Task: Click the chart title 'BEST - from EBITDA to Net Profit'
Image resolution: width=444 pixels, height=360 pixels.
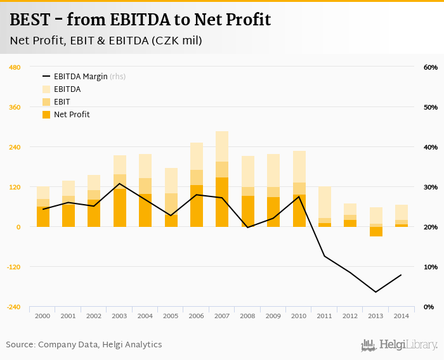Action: coord(140,20)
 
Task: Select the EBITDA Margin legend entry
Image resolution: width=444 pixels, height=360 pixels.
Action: coord(83,77)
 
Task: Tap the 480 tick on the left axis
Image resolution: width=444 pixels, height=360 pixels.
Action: coord(15,67)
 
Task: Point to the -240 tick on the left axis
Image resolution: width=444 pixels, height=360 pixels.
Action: coord(13,307)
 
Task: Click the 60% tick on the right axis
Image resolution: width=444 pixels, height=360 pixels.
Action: coord(430,67)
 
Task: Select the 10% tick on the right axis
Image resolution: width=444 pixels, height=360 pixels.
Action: coord(430,267)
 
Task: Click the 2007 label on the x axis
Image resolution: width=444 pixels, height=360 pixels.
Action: coord(222,316)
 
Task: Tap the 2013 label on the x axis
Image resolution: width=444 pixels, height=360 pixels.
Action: coord(375,316)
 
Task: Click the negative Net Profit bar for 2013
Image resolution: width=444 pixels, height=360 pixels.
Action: coord(375,231)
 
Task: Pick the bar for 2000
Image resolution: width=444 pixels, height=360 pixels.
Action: coord(43,207)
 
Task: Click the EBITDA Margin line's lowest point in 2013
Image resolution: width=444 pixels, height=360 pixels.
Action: coord(375,292)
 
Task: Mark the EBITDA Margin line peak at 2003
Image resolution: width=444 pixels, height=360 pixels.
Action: coord(120,184)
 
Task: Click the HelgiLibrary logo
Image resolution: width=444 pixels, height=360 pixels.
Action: coord(400,345)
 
